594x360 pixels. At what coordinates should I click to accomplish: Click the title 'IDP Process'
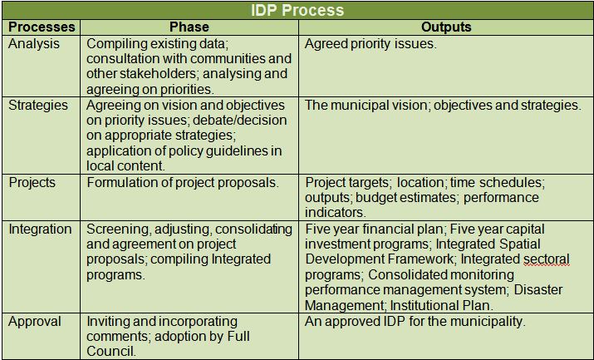(297, 10)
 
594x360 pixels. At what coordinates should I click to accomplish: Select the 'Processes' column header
(42, 27)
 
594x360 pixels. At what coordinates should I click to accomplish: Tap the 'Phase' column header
(189, 27)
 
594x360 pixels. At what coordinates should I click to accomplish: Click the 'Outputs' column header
(446, 27)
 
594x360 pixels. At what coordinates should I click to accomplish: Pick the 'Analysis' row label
(34, 44)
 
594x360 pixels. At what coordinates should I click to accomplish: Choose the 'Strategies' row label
(38, 106)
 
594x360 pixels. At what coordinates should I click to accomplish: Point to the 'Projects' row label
(32, 183)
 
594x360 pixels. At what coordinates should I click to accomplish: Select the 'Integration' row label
(40, 229)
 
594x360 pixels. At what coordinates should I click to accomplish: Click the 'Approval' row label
(34, 322)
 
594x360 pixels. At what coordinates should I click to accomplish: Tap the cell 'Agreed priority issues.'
(371, 44)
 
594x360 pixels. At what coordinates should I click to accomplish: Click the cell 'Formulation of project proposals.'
(183, 183)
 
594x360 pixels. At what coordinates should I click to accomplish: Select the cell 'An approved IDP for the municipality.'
(415, 322)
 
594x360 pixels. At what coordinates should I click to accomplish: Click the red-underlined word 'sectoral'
(547, 259)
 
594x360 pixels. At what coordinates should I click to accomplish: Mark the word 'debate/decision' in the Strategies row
(240, 121)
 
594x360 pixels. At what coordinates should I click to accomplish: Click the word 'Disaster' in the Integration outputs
(538, 290)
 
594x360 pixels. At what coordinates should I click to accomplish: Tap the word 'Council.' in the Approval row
(111, 352)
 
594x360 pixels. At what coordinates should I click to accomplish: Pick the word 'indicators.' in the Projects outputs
(336, 213)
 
